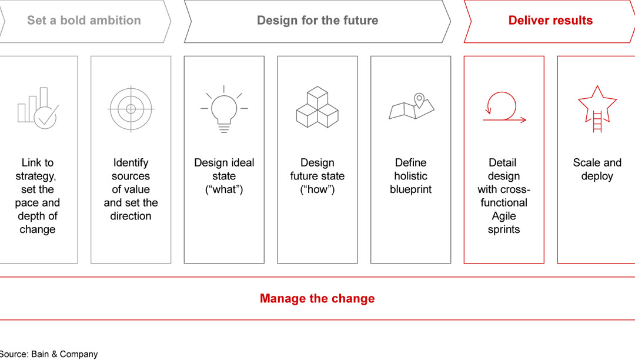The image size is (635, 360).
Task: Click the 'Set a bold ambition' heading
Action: tap(84, 21)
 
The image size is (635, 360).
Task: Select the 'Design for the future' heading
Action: tap(317, 21)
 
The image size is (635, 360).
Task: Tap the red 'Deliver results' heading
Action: tap(550, 21)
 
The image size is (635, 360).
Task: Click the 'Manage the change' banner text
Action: tap(317, 298)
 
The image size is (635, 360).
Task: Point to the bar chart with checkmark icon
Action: tap(37, 108)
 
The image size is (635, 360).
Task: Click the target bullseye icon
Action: tap(131, 109)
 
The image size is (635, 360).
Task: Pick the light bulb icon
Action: tap(224, 109)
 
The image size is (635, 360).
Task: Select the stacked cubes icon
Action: tap(317, 107)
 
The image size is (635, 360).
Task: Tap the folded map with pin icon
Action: tap(412, 107)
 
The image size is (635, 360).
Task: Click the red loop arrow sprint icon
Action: tap(504, 108)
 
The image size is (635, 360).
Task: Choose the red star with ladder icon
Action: tap(597, 109)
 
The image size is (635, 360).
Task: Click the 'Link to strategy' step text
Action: tap(38, 196)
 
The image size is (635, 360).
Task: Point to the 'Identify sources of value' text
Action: tap(131, 189)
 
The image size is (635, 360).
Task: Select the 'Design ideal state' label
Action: tap(224, 176)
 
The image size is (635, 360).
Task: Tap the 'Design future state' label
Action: tap(317, 176)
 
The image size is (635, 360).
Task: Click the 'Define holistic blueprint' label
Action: tap(411, 176)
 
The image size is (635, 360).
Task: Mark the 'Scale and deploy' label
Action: tap(597, 169)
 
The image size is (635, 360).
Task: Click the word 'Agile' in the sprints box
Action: tap(504, 216)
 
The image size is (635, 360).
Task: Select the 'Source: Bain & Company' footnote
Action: tap(49, 354)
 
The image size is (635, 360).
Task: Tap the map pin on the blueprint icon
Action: tap(419, 99)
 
